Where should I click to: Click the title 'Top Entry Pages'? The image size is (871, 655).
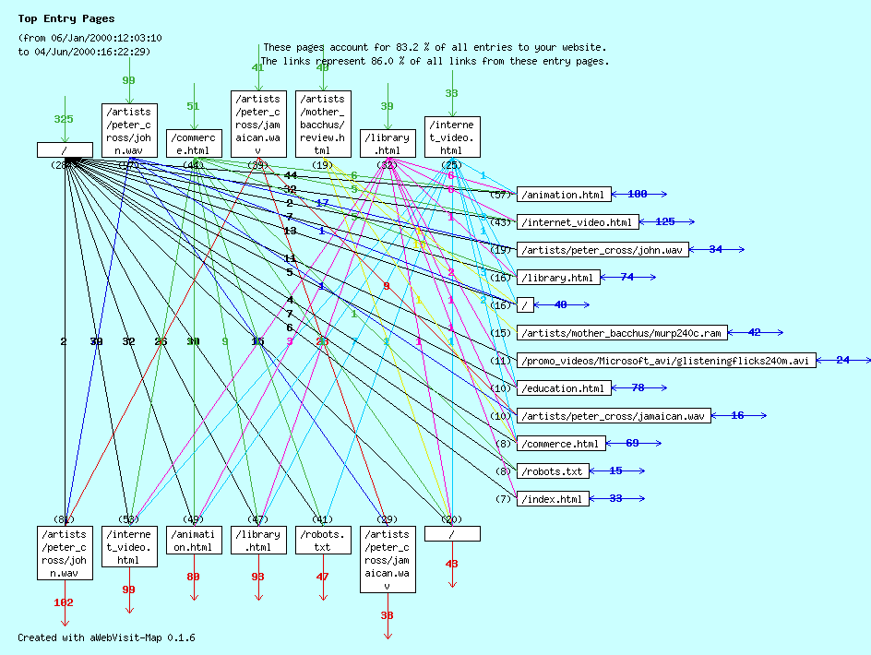pos(66,18)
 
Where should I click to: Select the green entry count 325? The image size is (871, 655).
pos(64,119)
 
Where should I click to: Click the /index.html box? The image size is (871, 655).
pos(553,499)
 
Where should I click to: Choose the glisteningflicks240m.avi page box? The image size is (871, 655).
pos(666,361)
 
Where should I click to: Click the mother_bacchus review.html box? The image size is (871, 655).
pos(323,125)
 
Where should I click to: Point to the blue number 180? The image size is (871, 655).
pos(637,194)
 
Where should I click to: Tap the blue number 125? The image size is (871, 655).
pos(665,221)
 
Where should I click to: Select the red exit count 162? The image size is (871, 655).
pos(64,602)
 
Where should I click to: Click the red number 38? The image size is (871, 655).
pos(387,615)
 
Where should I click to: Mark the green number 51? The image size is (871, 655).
pos(193,106)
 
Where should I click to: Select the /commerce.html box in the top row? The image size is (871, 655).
pos(194,143)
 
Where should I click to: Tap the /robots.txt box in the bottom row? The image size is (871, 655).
pos(323,541)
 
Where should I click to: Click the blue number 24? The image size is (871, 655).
pos(842,360)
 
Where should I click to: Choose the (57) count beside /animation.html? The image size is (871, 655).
pos(501,195)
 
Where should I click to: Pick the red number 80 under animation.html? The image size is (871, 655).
pos(193,577)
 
